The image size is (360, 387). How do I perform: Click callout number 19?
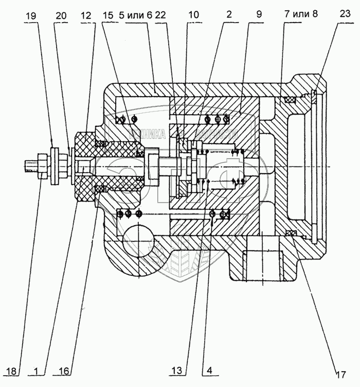(31, 15)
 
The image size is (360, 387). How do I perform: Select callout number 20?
(61, 15)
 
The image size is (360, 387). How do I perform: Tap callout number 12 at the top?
(85, 15)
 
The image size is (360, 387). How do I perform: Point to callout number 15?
(107, 15)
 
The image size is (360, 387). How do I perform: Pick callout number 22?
(160, 15)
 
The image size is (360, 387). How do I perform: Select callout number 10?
(193, 15)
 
